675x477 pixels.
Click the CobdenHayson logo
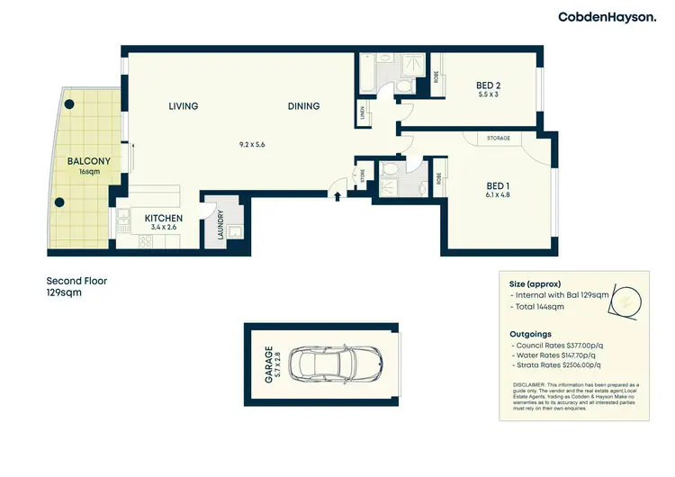[606, 16]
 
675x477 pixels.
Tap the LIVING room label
[183, 106]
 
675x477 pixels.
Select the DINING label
[303, 106]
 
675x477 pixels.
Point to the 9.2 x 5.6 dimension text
[252, 144]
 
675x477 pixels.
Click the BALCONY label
[88, 162]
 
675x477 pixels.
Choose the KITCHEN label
[164, 219]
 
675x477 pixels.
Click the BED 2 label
[488, 86]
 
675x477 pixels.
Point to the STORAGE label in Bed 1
[499, 138]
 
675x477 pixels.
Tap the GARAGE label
[268, 364]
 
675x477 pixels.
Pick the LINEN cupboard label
[364, 112]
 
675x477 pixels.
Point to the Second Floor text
[76, 281]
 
